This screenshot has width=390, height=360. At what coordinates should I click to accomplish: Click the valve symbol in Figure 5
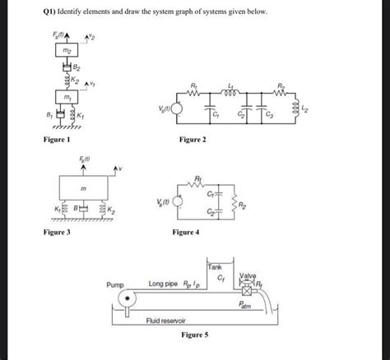[x=245, y=291]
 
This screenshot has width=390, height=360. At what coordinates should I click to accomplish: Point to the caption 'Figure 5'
[x=195, y=336]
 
